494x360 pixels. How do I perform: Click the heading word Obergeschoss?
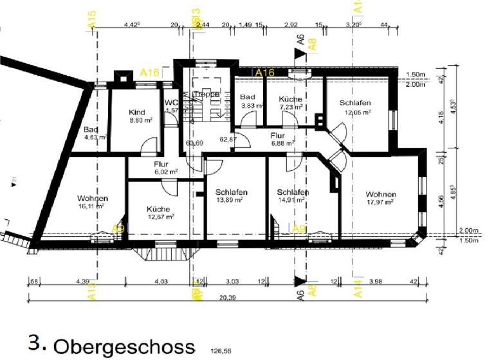123,346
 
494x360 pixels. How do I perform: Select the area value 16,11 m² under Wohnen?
91,208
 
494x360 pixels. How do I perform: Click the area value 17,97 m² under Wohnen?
381,203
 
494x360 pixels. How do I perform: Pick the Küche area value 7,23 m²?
290,107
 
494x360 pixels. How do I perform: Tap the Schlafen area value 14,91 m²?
293,201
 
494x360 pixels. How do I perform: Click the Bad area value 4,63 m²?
93,137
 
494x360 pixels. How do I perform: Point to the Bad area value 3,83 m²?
252,105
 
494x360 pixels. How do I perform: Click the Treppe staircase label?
207,94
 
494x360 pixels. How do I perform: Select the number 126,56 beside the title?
221,352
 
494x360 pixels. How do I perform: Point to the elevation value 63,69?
194,143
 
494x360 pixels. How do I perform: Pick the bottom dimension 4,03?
160,280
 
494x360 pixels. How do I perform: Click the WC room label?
170,102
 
